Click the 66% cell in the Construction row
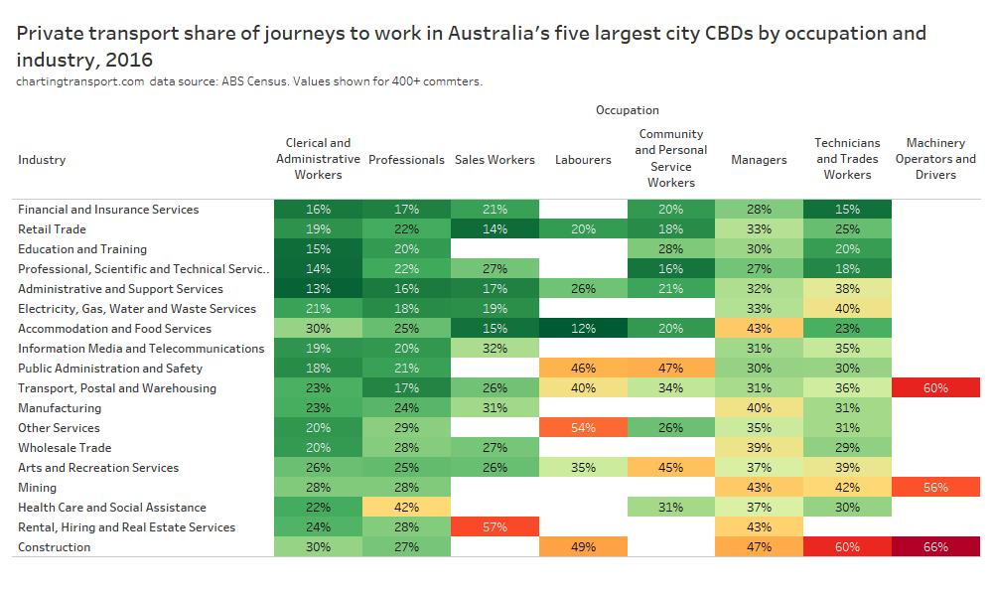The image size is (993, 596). point(935,547)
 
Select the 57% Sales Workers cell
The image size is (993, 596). point(495,527)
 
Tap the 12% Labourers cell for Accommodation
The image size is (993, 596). point(583,329)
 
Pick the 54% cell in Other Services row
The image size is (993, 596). point(583,428)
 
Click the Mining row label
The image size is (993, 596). point(37,488)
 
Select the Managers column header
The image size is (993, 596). point(759,160)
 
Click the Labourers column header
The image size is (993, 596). point(583,160)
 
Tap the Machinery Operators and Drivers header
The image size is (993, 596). point(935,159)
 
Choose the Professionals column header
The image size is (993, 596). point(406,160)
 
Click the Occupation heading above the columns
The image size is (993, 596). point(627,110)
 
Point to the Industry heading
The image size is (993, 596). point(42,160)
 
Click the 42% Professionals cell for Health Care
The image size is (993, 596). point(406,508)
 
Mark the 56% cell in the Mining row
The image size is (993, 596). point(935,488)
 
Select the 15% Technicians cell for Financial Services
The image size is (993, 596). point(847,210)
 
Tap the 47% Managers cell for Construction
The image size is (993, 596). point(759,547)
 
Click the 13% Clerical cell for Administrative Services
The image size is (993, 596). point(318,289)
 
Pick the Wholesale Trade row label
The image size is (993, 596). point(65,448)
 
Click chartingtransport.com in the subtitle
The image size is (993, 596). point(80,81)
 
